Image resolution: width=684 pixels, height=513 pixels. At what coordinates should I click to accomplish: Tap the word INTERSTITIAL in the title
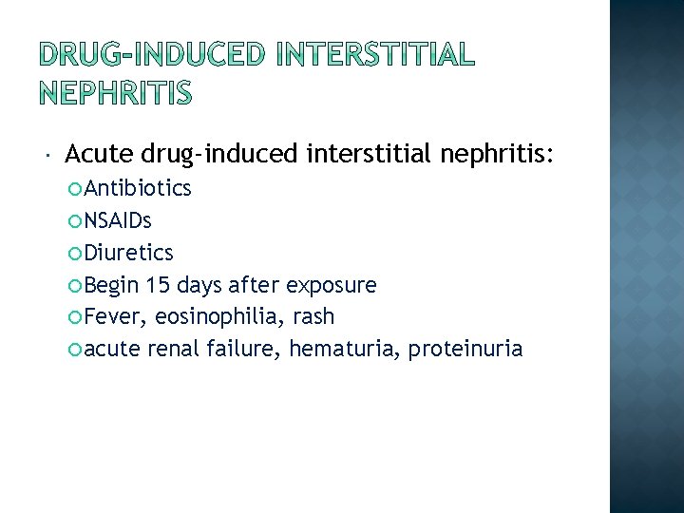pyautogui.click(x=374, y=55)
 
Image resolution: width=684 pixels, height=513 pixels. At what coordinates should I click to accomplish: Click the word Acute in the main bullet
pyautogui.click(x=100, y=153)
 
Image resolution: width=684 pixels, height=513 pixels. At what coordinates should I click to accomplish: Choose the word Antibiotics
pyautogui.click(x=138, y=188)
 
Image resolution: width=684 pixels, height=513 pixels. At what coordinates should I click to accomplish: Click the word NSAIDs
pyautogui.click(x=118, y=220)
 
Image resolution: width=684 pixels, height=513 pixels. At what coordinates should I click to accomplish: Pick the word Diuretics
pyautogui.click(x=129, y=253)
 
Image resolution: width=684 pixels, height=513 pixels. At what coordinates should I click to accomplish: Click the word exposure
pyautogui.click(x=332, y=285)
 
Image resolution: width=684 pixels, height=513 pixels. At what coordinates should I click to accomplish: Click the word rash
pyautogui.click(x=314, y=316)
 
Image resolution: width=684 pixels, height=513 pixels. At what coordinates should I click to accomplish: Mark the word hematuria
pyautogui.click(x=344, y=349)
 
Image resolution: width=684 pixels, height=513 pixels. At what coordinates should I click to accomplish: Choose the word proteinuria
pyautogui.click(x=465, y=349)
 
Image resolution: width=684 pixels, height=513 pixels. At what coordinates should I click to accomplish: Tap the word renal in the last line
pyautogui.click(x=174, y=349)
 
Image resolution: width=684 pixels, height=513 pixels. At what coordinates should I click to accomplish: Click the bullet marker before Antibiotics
pyautogui.click(x=76, y=189)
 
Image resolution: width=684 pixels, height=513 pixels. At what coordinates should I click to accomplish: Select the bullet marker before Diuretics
pyautogui.click(x=76, y=254)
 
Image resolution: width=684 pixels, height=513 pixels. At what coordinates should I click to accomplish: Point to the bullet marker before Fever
pyautogui.click(x=76, y=317)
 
